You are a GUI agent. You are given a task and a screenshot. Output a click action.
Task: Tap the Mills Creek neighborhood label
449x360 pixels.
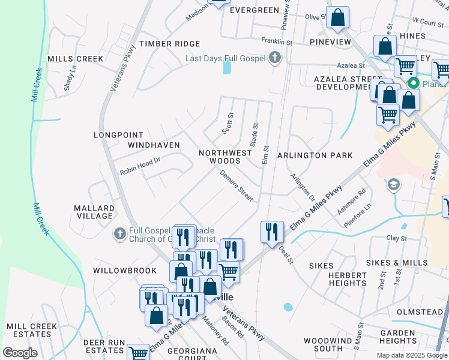click(76, 59)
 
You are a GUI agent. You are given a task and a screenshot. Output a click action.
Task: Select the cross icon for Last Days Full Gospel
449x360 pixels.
click(275, 58)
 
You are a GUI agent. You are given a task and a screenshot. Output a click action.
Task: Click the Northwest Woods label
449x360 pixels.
click(225, 157)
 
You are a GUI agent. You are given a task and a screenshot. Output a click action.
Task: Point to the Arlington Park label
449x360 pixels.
click(315, 155)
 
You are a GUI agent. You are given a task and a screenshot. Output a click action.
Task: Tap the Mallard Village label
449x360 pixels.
click(94, 212)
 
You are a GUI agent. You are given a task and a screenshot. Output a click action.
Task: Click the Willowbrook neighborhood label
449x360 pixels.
click(116, 271)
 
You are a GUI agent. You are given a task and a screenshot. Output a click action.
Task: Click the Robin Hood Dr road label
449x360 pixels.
click(140, 166)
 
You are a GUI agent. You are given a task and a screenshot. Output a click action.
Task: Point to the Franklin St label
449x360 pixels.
click(276, 42)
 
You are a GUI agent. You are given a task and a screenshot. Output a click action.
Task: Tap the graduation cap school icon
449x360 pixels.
click(394, 184)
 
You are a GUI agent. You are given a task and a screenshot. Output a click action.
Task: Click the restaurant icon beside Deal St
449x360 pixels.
click(272, 231)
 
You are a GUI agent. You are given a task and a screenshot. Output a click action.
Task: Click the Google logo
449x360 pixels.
click(20, 353)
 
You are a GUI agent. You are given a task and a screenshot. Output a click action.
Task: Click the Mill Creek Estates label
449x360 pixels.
click(32, 330)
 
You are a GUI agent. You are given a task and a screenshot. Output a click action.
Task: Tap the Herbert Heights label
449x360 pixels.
click(348, 279)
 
